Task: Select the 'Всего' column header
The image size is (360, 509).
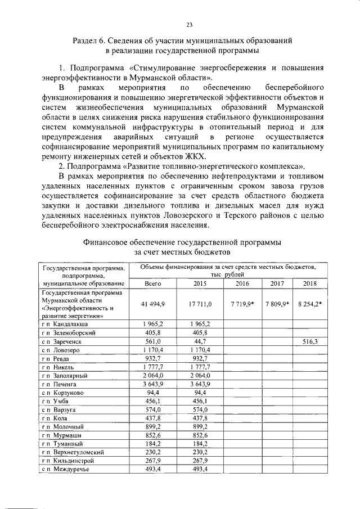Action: point(153,285)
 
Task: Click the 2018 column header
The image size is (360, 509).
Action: point(310,285)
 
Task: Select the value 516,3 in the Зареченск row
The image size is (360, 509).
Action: point(310,341)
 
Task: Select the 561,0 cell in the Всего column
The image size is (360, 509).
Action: point(153,341)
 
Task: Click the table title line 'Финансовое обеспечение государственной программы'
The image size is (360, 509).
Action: point(182,242)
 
